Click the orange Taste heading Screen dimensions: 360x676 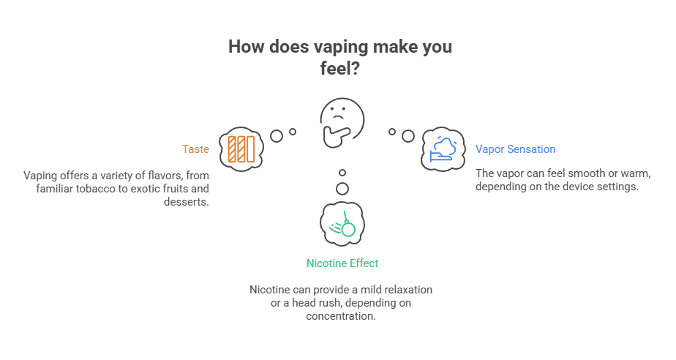coord(195,149)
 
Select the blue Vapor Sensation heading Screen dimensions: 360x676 coord(515,149)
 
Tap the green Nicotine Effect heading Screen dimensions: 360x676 coord(342,262)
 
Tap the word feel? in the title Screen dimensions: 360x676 coord(338,68)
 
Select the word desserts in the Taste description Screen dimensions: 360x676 coord(186,201)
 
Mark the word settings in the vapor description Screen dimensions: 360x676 coord(620,187)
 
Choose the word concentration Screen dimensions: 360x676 coord(342,316)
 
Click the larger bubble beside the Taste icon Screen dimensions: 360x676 coord(277,135)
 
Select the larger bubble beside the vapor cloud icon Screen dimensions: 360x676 coord(408,135)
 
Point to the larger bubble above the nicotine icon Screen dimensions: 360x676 coord(342,189)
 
